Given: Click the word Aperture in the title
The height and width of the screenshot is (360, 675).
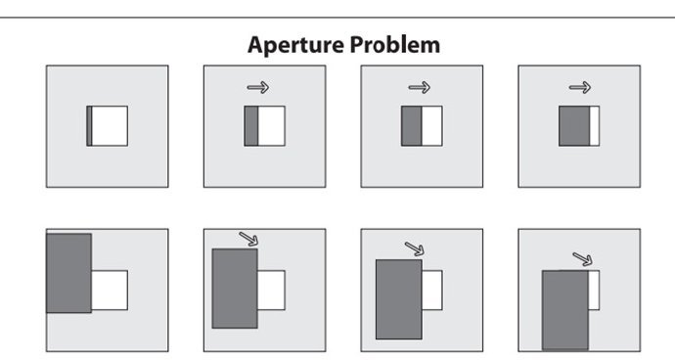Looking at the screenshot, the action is pos(295,46).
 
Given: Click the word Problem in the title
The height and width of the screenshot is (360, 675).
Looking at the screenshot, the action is pos(395,44).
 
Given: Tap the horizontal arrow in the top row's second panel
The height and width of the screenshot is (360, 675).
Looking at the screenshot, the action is pos(258,87).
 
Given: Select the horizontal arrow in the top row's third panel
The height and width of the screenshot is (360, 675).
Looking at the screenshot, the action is pos(420,87).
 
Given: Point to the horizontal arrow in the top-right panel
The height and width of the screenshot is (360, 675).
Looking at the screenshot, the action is pos(580,87).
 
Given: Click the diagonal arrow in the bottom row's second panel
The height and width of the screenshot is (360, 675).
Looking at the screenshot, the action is pos(248,239).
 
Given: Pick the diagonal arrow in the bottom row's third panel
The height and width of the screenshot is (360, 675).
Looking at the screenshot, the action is pos(415,248).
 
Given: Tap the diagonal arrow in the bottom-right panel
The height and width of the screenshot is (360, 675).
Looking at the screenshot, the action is pos(582,259).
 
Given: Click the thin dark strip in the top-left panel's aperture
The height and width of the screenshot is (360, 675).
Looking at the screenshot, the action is pos(89,126).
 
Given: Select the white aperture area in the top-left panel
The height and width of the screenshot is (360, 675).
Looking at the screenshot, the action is pos(110,126).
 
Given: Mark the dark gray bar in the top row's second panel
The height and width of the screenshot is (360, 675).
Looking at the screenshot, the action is pos(251,126).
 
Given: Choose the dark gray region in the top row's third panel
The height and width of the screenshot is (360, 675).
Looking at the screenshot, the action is pos(412,126).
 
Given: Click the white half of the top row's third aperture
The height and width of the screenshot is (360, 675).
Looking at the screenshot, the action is pos(432,126).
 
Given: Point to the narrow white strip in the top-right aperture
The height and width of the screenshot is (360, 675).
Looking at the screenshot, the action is pos(595,126).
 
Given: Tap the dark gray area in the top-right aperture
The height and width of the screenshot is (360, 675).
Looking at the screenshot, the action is pos(574,126).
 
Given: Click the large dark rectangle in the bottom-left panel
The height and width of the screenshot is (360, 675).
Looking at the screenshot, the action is pos(68,273).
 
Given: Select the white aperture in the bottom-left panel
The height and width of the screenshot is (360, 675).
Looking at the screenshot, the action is pos(110,291).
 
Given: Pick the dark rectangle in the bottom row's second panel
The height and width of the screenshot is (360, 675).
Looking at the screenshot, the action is pos(235,289).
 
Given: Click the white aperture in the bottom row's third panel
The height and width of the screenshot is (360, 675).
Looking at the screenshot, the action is pos(432,291).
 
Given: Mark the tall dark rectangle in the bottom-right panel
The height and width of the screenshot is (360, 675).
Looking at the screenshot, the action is pos(565,310).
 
